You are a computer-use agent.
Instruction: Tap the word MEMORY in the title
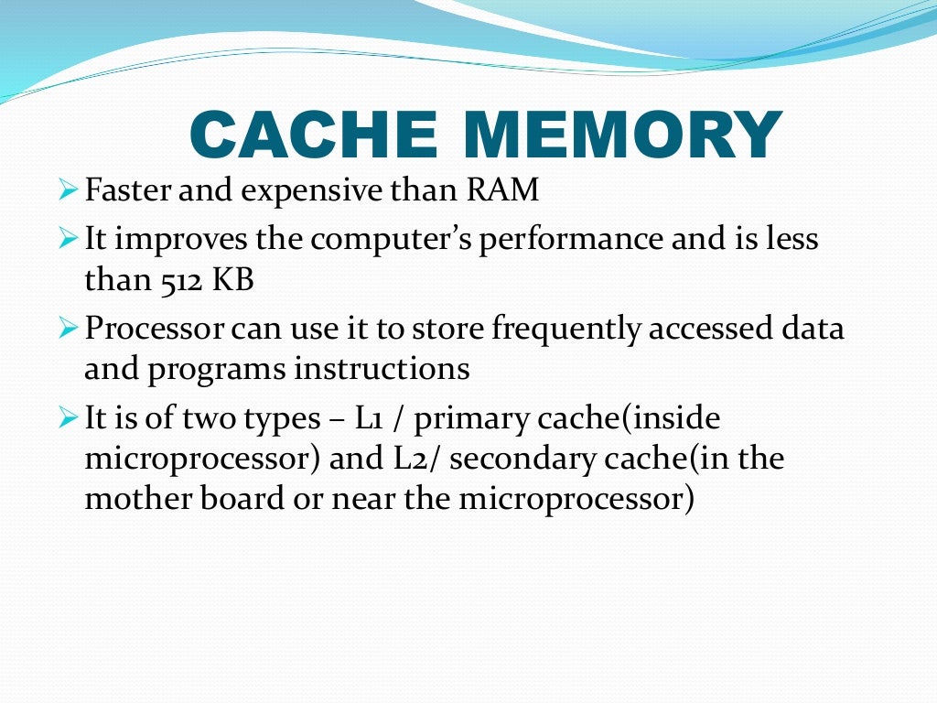coord(622,135)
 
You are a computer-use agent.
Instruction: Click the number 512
coord(178,280)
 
